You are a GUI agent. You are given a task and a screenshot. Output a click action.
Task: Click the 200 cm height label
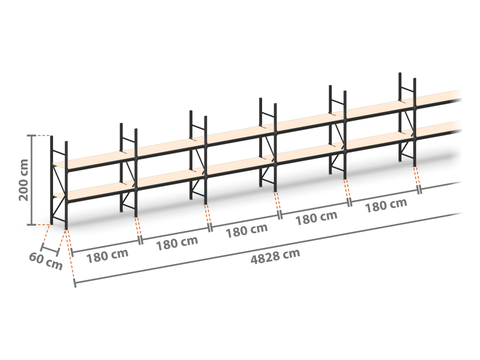24,180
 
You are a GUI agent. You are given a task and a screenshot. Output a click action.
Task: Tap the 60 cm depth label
46,261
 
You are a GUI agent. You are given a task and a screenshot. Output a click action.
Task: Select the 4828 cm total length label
275,256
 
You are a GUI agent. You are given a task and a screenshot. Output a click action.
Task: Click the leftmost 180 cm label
107,256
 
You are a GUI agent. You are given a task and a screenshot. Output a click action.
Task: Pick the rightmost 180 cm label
386,205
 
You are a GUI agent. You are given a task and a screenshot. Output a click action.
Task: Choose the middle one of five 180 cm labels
247,230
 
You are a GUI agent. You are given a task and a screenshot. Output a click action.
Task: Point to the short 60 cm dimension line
50,251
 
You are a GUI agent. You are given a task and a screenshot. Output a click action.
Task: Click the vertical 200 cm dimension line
32,180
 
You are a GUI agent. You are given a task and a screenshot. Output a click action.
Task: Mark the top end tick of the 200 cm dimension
32,135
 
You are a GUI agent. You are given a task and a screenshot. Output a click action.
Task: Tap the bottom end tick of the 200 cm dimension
32,225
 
